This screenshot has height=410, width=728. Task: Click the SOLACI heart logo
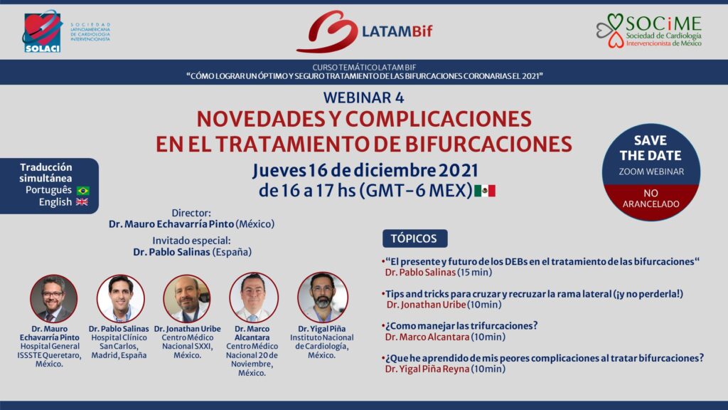click(x=42, y=31)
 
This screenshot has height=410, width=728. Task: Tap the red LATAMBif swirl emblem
click(x=326, y=31)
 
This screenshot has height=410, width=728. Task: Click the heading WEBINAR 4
click(x=363, y=98)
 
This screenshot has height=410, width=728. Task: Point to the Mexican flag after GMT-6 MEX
click(x=485, y=191)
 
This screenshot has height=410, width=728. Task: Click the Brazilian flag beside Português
click(x=83, y=191)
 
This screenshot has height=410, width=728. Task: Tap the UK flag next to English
click(x=82, y=201)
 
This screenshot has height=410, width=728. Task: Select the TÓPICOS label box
click(x=414, y=238)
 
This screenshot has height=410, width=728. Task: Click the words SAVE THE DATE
click(x=651, y=148)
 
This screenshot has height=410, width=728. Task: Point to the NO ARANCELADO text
click(x=651, y=199)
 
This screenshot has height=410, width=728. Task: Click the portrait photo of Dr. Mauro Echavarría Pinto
click(x=53, y=298)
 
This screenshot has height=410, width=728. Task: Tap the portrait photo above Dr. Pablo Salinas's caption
click(x=120, y=298)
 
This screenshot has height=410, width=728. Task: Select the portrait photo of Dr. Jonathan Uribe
click(x=187, y=298)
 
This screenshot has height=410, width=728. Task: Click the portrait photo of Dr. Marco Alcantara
click(x=254, y=298)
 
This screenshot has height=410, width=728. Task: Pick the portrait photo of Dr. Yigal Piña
click(x=322, y=297)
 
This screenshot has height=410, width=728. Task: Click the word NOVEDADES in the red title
click(x=259, y=119)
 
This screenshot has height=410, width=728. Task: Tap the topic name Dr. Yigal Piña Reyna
click(x=427, y=369)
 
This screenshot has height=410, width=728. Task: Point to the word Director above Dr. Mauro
click(x=191, y=213)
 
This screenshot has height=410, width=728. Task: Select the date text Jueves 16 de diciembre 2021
click(x=365, y=171)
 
